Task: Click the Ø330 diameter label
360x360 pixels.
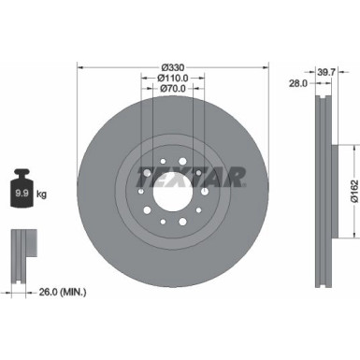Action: pyautogui.click(x=171, y=67)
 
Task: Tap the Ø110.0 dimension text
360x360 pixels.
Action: pyautogui.click(x=171, y=80)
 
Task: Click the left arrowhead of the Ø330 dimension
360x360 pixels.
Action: pyautogui.click(x=79, y=67)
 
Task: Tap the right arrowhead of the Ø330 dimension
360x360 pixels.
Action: pyautogui.click(x=264, y=67)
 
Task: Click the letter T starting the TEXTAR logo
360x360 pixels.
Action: pyautogui.click(x=144, y=175)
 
